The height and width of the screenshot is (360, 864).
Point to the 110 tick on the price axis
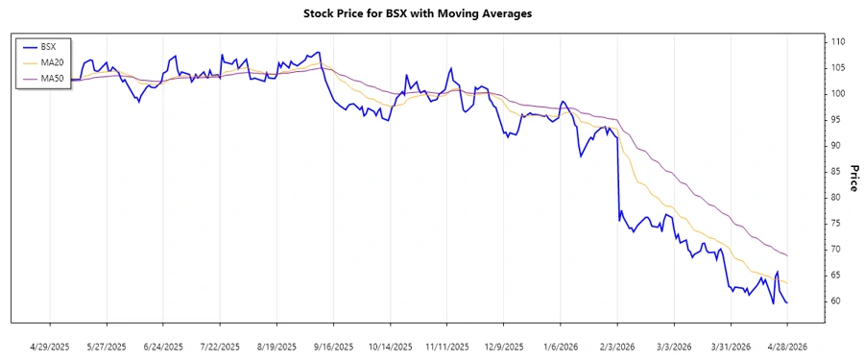(837, 42)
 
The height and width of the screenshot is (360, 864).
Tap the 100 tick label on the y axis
(837, 94)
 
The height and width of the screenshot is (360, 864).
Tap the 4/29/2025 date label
(50, 347)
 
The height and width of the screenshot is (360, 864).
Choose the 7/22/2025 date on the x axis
(220, 347)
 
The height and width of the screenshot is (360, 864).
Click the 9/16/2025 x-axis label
(334, 347)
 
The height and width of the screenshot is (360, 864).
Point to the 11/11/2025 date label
(447, 347)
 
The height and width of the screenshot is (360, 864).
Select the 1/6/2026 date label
(561, 347)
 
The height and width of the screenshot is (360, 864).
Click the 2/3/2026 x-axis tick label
(617, 347)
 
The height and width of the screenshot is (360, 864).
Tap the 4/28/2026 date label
(787, 347)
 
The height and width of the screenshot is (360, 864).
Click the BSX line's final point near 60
(787, 302)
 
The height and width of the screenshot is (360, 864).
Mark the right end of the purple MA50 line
(787, 255)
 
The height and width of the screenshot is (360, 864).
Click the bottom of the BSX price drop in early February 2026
(619, 221)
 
